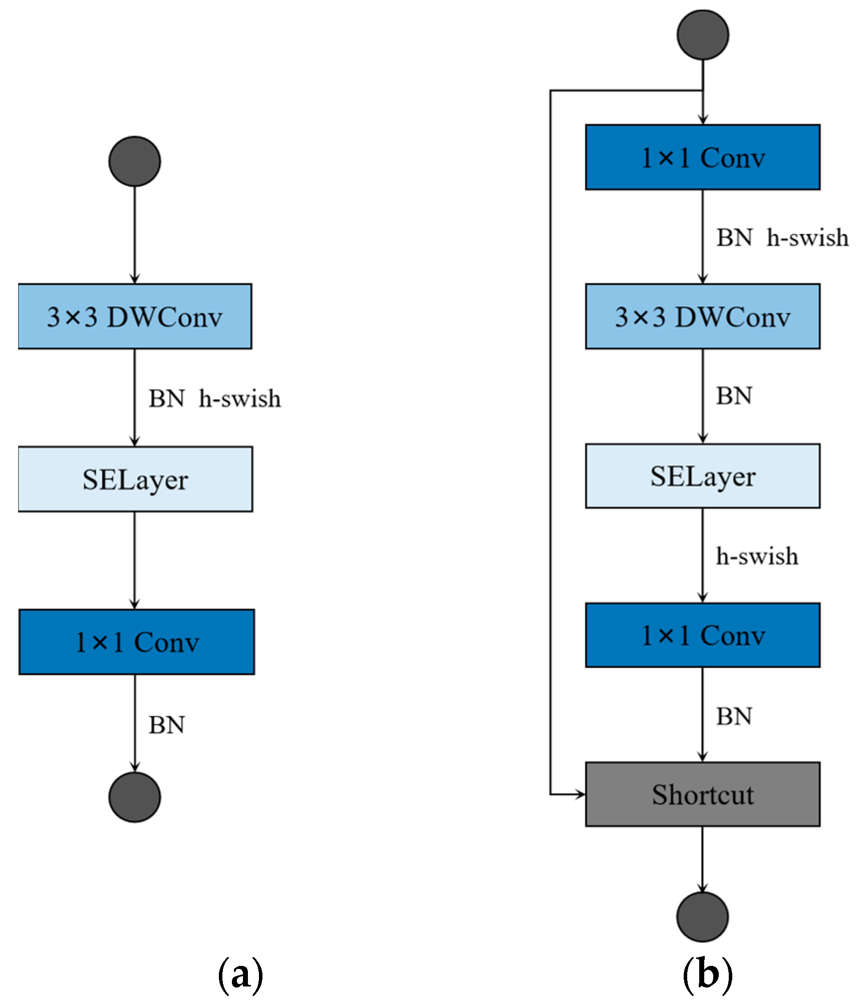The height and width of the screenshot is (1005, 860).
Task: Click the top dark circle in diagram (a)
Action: coord(135,161)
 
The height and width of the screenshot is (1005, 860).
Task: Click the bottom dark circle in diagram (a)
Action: coord(135,797)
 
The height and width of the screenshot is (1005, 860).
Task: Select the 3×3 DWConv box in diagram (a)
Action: coord(135,316)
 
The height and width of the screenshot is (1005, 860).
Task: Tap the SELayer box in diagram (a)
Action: coord(135,479)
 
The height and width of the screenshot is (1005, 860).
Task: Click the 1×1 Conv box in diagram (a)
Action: coord(136,642)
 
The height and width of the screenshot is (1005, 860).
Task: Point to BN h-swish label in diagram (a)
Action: coord(214,399)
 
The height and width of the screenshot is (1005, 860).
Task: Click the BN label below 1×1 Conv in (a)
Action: coord(167,725)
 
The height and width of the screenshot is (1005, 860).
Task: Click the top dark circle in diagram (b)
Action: coord(703,35)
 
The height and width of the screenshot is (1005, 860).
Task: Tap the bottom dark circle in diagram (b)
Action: coord(702,916)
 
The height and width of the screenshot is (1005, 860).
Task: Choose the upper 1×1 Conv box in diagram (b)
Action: coord(703,157)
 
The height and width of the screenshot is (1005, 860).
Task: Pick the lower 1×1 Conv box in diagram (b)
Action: coord(703,635)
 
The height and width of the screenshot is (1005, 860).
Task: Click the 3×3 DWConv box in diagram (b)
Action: coord(703,316)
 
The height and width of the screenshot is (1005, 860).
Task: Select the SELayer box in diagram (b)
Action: coord(703,475)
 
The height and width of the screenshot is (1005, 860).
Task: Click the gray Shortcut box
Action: coord(703,794)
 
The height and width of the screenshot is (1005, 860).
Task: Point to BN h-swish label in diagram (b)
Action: coord(782,237)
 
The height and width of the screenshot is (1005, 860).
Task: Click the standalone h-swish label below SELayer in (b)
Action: coord(757,556)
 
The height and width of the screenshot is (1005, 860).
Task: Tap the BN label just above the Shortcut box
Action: coord(734,716)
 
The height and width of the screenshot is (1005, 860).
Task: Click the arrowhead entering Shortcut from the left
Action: coord(581,794)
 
